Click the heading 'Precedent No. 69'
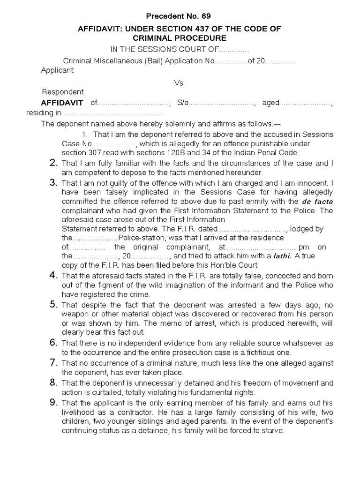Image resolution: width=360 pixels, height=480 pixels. pyautogui.click(x=180, y=16)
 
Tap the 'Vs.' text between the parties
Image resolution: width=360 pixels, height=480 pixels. pyautogui.click(x=180, y=83)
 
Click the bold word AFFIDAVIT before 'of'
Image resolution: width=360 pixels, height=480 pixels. pyautogui.click(x=62, y=103)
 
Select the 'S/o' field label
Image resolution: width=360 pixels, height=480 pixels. pyautogui.click(x=183, y=103)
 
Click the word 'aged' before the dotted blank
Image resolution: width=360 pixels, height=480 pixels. pyautogui.click(x=271, y=103)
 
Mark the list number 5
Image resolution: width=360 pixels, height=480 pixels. pyautogui.click(x=53, y=305)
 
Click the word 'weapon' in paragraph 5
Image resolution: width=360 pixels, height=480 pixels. pyautogui.click(x=75, y=313)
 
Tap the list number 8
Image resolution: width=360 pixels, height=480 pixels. pyautogui.click(x=53, y=383)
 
